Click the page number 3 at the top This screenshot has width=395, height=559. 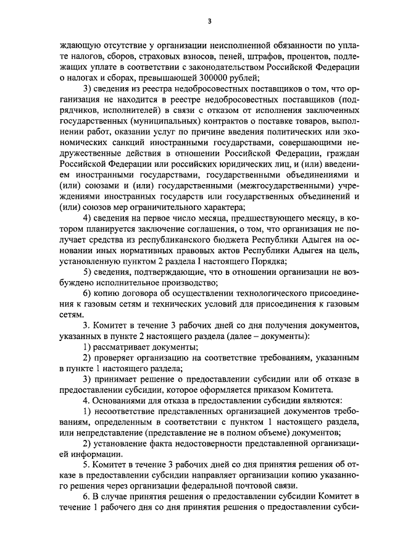209,21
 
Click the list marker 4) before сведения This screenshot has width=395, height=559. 88,222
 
